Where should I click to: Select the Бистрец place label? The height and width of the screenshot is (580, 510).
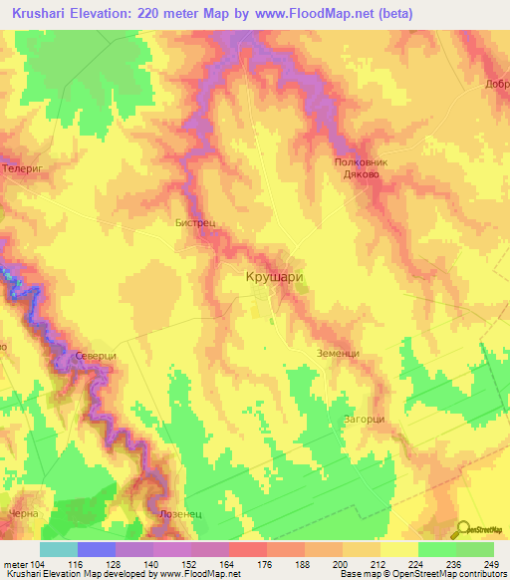[x=195, y=224]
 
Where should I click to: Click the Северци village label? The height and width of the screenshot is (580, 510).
[x=96, y=356]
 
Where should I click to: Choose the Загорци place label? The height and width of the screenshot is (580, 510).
[x=364, y=419]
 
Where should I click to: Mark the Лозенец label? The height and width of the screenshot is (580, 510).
[x=179, y=513]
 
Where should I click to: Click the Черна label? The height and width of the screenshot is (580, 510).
[x=22, y=513]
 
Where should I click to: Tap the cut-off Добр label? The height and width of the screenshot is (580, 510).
[x=497, y=85]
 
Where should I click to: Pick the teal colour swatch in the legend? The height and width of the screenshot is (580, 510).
[x=59, y=549]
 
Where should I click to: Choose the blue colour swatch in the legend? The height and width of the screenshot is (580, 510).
[x=97, y=549]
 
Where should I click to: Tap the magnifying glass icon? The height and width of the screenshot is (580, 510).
[x=465, y=529]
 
